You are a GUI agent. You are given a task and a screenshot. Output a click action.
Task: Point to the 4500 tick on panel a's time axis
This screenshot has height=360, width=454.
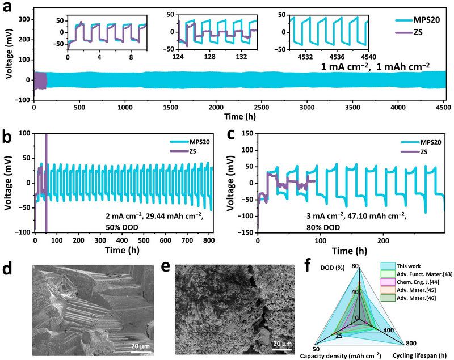tap(443, 107)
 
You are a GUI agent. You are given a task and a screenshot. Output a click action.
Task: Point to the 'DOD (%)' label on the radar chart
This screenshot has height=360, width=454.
tap(335, 266)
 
